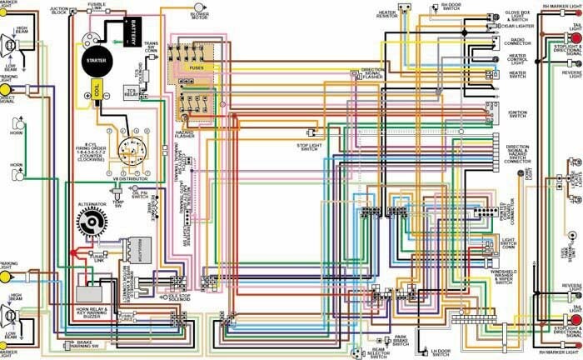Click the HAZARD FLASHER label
click(184, 134)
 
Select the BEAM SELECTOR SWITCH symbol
click(361, 352)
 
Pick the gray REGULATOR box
click(135, 250)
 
